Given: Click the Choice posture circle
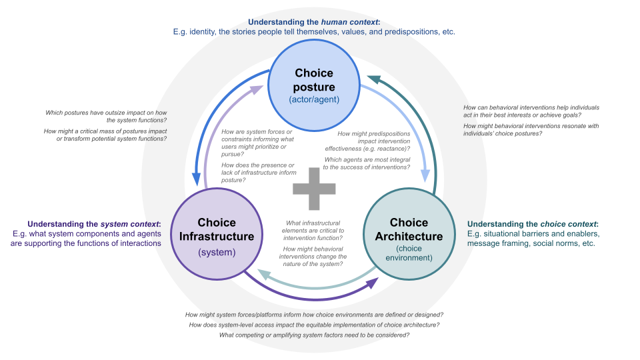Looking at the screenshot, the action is [314, 85].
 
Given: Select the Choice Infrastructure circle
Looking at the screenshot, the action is [216, 234].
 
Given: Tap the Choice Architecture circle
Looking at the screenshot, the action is [409, 234].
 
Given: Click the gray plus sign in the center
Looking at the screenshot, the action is [314, 189].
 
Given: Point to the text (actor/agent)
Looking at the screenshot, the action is [314, 99].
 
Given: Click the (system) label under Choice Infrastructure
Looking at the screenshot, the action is [217, 252].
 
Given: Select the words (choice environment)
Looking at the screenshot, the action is [409, 253].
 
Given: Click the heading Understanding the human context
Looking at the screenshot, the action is [314, 22].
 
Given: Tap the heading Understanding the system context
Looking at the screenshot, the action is [94, 224].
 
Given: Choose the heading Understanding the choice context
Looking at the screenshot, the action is [533, 224].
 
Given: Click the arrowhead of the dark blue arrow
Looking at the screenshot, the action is [196, 179].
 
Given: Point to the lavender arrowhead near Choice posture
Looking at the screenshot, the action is [257, 89].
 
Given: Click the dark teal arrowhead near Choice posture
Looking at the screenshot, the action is [373, 79].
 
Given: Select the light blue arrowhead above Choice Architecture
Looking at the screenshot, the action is [425, 175].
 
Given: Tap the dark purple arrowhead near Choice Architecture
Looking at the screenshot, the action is [372, 283].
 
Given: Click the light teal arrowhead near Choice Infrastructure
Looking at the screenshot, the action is [264, 274].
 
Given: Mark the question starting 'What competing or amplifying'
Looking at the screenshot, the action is [314, 335].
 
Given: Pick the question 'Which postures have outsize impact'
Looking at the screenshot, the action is [106, 116].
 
